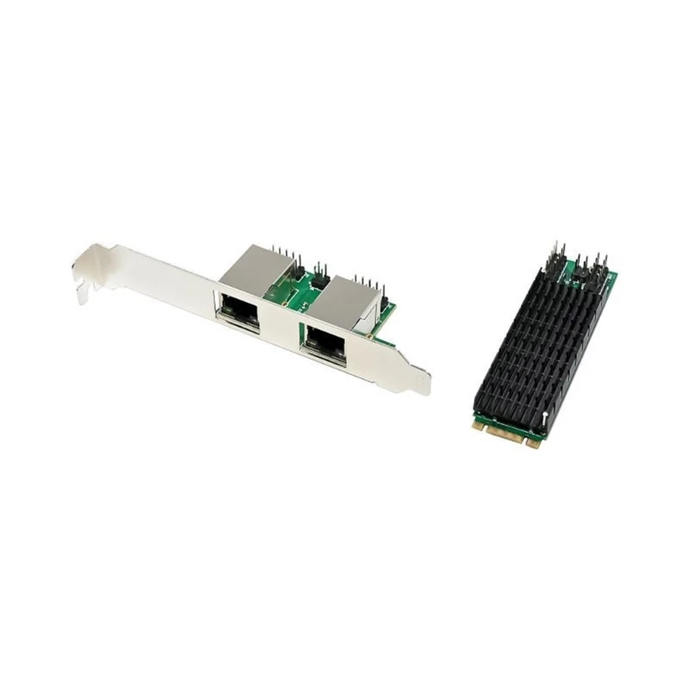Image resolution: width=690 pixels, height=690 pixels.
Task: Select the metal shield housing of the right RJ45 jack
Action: pos(341,298)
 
